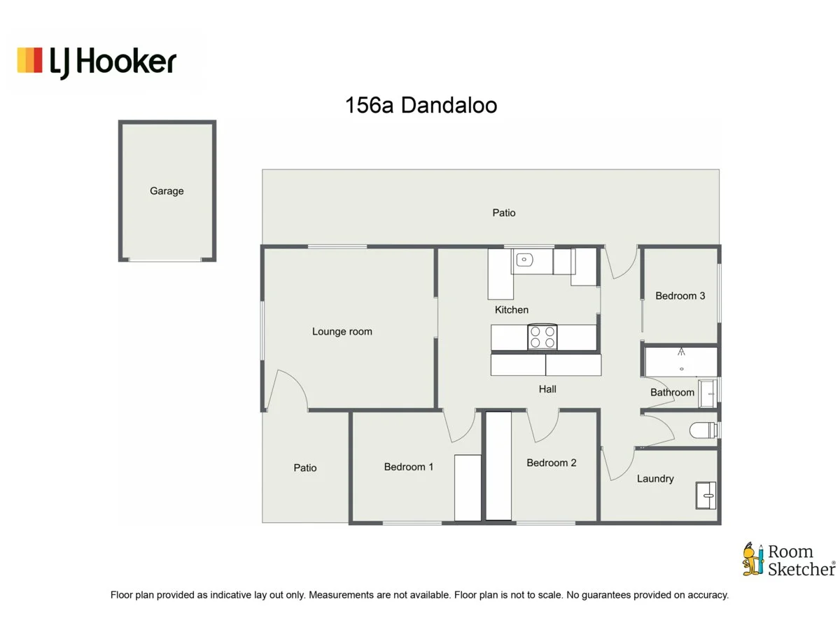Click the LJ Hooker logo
coord(97,62)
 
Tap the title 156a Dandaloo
coord(421,106)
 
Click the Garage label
coord(167,190)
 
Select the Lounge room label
coord(342,331)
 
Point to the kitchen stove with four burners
coord(542,337)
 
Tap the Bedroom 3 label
coord(680,295)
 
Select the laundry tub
coord(705,495)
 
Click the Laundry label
coord(655,479)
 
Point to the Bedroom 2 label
coord(552,462)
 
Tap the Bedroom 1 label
coord(409,466)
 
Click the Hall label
coord(547,388)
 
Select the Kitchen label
coord(512,309)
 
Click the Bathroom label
coord(672,392)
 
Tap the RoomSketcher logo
coord(788,559)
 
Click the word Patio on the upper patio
coord(503,212)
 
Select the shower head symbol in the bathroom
coord(680,352)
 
